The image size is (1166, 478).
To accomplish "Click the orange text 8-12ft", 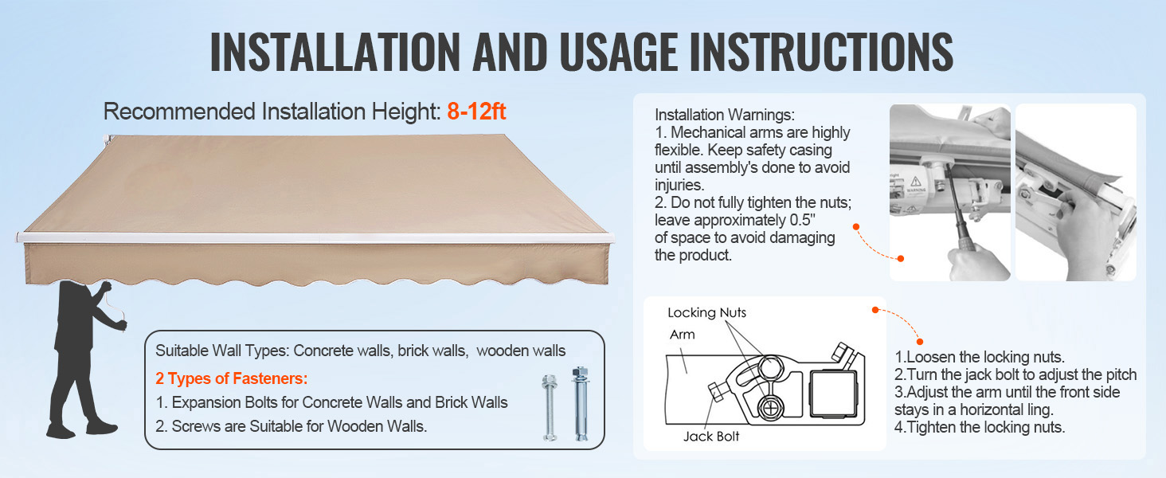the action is (476, 112).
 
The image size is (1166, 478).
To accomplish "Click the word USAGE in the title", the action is (618, 52).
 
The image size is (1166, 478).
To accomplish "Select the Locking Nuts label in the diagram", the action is (706, 312).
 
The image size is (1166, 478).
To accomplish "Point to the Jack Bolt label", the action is (711, 437).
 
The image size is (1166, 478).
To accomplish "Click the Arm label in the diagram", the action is (683, 335).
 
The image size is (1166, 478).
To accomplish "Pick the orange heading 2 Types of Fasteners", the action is (232, 378).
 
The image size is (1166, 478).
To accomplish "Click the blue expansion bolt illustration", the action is (580, 404).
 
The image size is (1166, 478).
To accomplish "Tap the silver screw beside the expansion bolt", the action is (550, 408).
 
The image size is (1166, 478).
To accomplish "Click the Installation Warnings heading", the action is (725, 115).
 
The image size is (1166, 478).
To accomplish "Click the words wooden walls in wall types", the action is (521, 351).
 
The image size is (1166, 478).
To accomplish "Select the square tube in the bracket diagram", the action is (833, 394).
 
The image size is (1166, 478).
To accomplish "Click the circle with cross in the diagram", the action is (769, 408).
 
